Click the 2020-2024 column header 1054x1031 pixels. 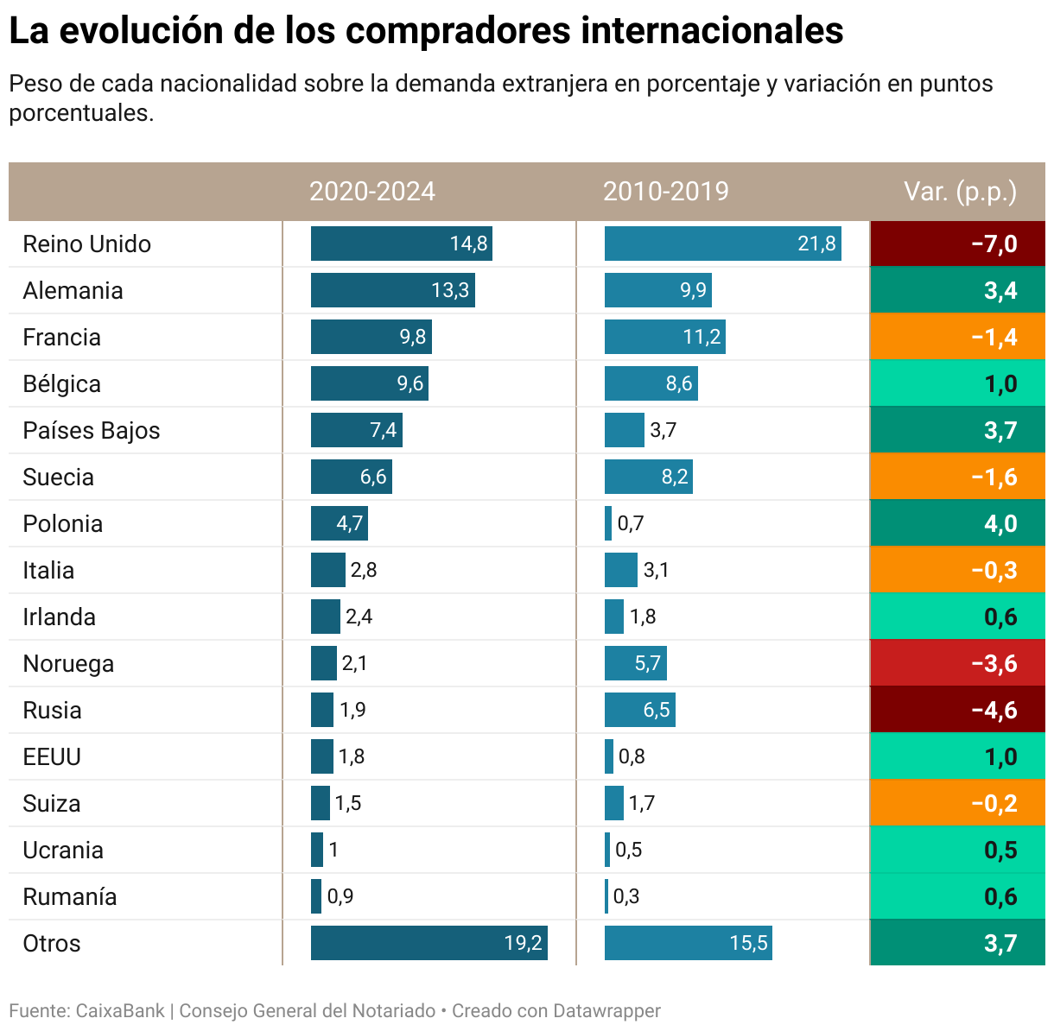pos(372,191)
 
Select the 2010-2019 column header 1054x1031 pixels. pos(665,191)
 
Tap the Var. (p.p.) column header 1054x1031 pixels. pos(960,191)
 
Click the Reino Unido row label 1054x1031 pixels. pos(86,244)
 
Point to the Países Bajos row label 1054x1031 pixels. pos(91,431)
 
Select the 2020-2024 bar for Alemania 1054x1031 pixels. pos(392,290)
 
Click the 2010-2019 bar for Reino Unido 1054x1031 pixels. pos(722,244)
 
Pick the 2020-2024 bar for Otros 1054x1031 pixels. pos(429,943)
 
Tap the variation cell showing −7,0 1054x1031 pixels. pos(957,244)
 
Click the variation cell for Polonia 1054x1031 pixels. pos(957,524)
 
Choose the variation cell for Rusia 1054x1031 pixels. pos(957,711)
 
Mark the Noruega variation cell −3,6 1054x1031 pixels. pos(957,664)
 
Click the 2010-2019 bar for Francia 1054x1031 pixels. pos(664,338)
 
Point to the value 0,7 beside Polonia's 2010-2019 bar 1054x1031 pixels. pos(631,524)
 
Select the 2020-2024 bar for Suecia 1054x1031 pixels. pos(351,478)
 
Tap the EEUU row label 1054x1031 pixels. pos(52,757)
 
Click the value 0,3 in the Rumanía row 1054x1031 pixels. pos(626,897)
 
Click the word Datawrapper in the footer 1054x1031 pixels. pos(606,1011)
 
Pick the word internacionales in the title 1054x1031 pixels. pos(712,31)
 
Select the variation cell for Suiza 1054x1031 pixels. pos(957,804)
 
